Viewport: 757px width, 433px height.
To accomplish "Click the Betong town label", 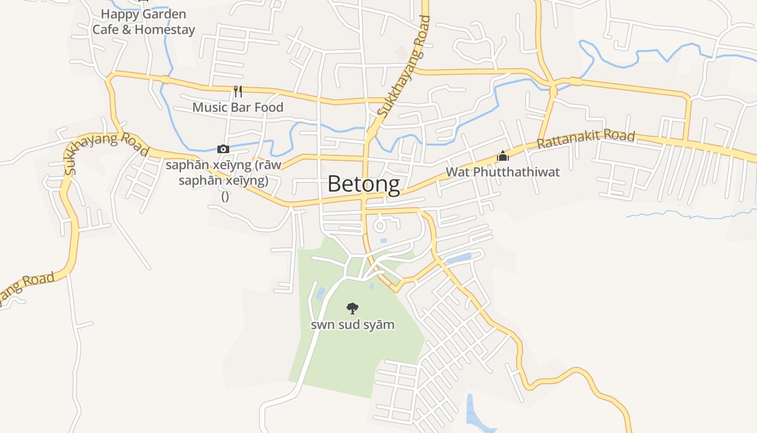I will tap(363, 184).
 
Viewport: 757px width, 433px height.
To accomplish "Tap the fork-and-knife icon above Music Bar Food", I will tap(237, 91).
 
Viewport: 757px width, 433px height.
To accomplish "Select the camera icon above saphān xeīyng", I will tap(223, 149).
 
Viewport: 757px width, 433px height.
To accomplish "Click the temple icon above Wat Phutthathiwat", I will tap(503, 156).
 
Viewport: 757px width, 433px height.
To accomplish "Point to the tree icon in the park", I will tap(352, 309).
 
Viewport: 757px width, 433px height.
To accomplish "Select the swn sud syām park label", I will tap(352, 325).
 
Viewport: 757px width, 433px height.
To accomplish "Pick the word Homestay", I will tap(164, 29).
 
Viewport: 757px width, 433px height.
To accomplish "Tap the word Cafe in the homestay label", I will tap(105, 29).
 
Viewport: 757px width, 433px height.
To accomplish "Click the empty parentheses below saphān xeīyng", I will tap(225, 196).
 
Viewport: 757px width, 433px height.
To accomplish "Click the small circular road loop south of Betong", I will tap(380, 225).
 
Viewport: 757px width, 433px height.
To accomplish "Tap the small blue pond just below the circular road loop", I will tap(383, 240).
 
